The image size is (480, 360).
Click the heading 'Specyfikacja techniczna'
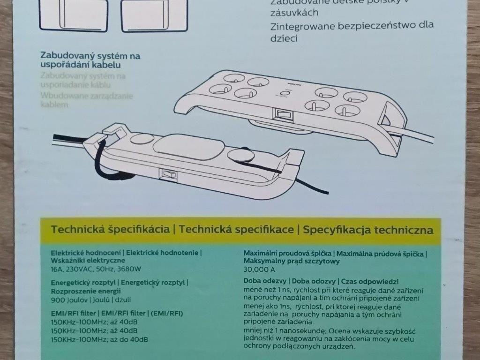(367, 230)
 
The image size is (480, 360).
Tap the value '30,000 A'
(259, 270)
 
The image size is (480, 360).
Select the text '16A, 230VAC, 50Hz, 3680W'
(96, 269)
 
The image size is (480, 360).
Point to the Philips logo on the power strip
(292, 85)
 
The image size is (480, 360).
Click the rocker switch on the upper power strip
(281, 114)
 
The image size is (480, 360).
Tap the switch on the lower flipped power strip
(169, 174)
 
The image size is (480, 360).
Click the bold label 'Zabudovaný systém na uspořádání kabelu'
(90, 60)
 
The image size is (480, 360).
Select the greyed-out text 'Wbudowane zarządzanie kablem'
(87, 100)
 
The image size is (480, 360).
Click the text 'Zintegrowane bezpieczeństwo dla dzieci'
(352, 31)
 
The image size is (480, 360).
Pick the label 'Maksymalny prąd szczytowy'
(291, 261)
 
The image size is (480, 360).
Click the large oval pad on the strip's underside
(187, 147)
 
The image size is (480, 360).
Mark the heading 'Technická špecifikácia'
(110, 230)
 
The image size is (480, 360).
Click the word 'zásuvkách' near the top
(294, 13)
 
